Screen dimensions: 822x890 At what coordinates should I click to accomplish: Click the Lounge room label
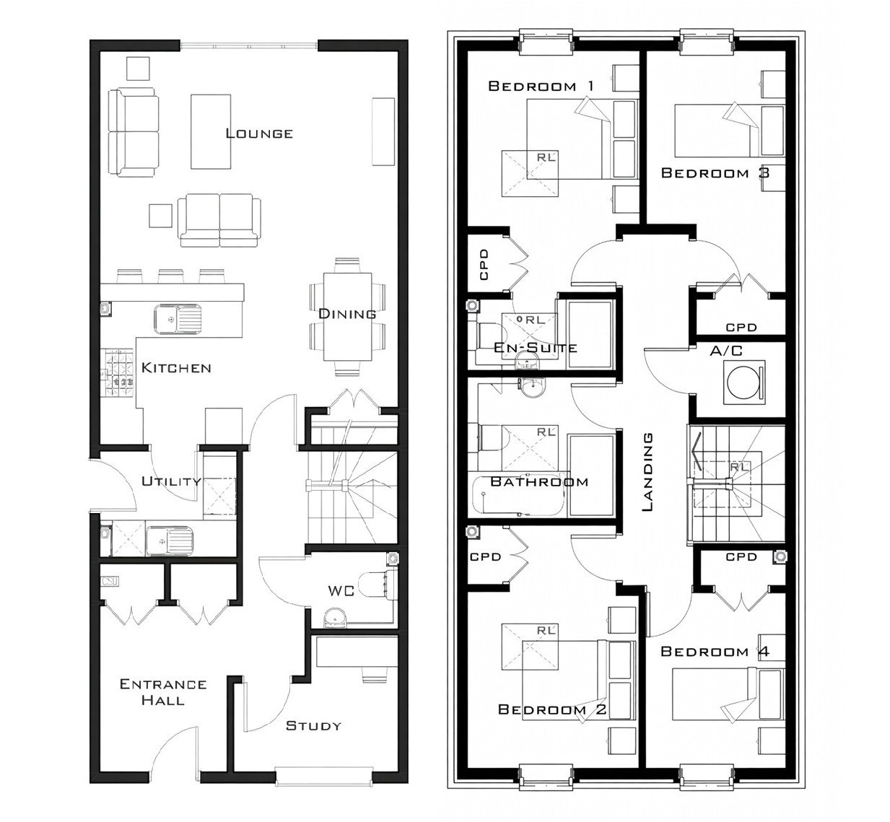pyautogui.click(x=259, y=134)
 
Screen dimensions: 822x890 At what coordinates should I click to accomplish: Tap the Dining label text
pyautogui.click(x=348, y=314)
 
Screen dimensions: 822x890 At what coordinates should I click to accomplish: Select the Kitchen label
pyautogui.click(x=176, y=368)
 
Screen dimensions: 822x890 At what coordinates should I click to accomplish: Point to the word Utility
pyautogui.click(x=171, y=481)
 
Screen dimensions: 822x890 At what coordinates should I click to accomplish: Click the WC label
pyautogui.click(x=341, y=590)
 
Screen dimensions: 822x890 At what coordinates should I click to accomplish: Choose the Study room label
pyautogui.click(x=313, y=725)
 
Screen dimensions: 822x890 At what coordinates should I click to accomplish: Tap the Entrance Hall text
pyautogui.click(x=163, y=692)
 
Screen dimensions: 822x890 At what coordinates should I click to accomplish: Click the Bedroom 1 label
pyautogui.click(x=541, y=87)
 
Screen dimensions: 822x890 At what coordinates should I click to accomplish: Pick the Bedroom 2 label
pyautogui.click(x=552, y=710)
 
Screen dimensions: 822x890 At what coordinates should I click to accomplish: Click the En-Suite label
pyautogui.click(x=536, y=348)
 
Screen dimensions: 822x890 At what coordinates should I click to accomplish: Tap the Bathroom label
pyautogui.click(x=539, y=481)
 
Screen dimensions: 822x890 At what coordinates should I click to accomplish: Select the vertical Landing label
pyautogui.click(x=647, y=472)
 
